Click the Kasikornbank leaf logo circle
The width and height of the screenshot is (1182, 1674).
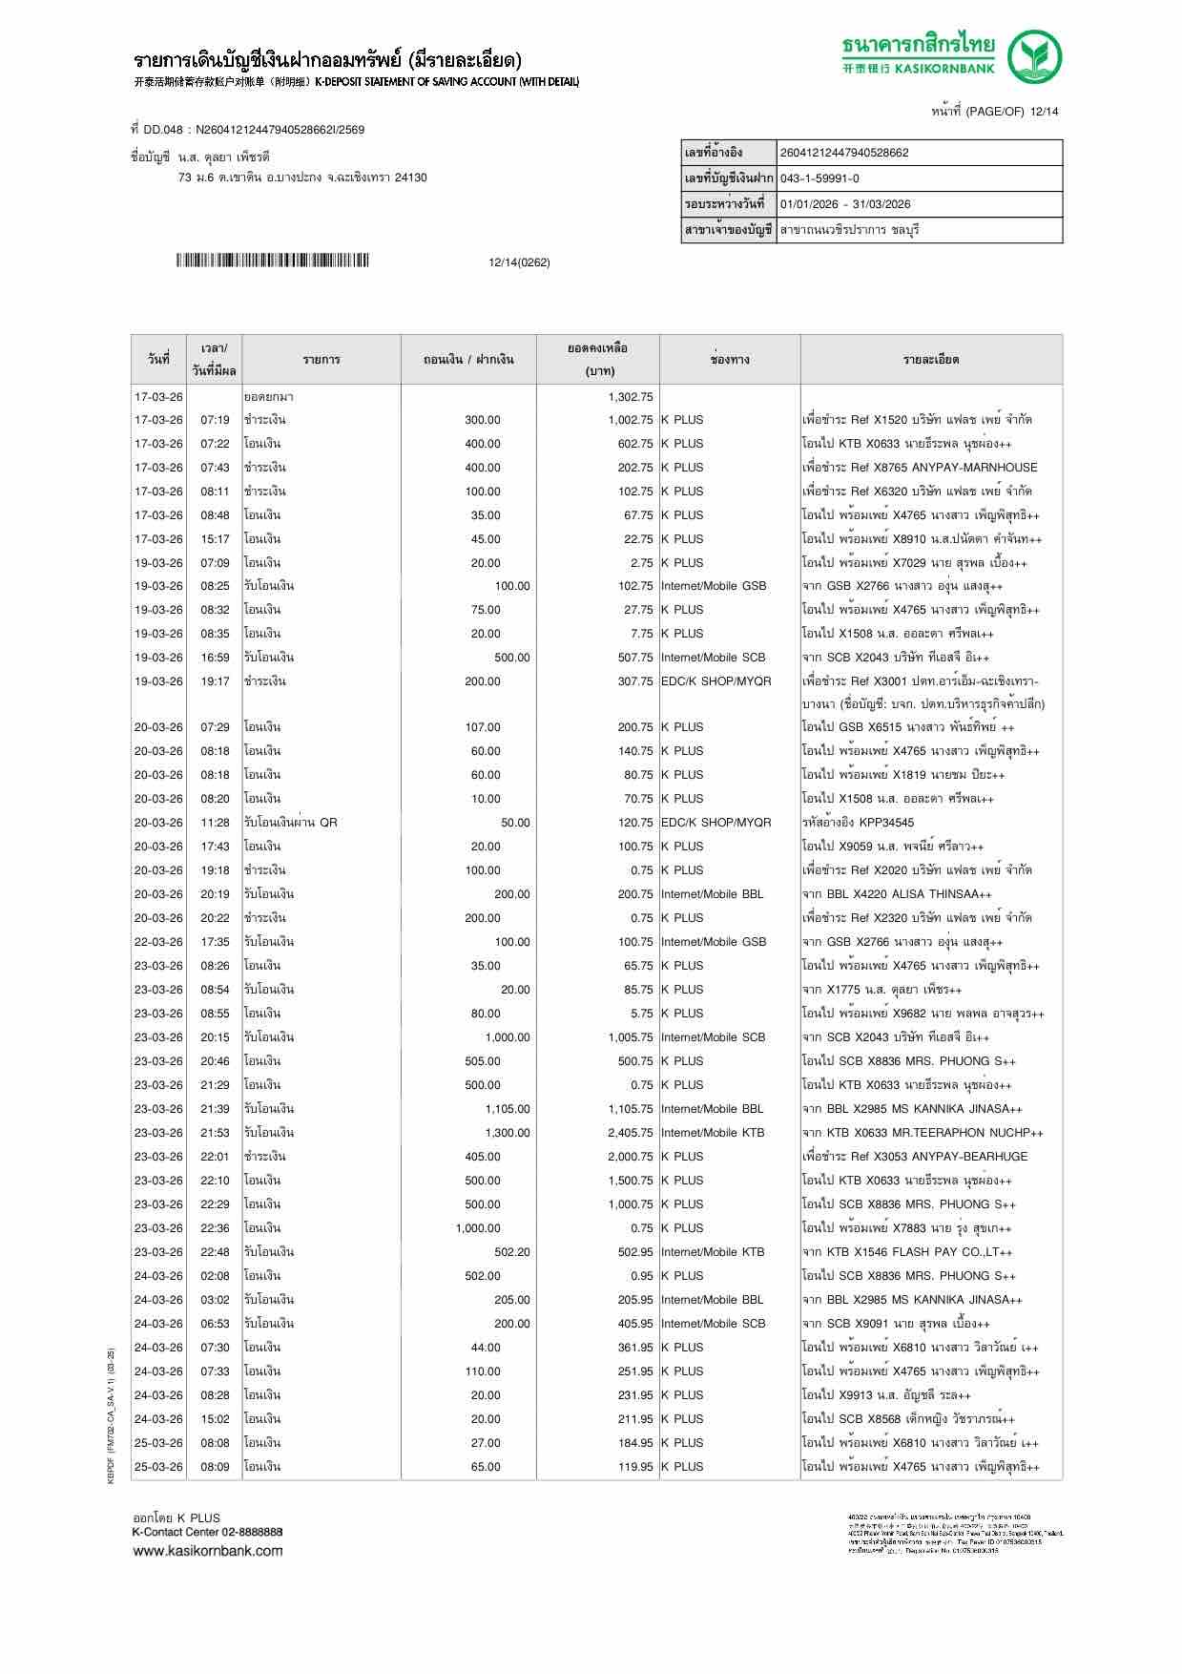[x=1036, y=57]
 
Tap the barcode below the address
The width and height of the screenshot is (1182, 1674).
[x=272, y=262]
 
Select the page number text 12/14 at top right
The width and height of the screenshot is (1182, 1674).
[x=1045, y=112]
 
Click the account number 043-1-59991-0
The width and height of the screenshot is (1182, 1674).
[x=819, y=178]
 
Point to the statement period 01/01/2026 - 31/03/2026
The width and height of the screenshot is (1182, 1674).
[x=845, y=204]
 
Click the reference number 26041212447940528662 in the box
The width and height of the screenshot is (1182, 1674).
[x=844, y=153]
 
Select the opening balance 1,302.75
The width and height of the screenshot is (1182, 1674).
[x=630, y=397]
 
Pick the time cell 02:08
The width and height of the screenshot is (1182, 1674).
[x=215, y=1276]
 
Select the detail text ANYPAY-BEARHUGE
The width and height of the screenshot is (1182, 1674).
[x=969, y=1157]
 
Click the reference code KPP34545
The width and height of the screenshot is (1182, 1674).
[x=886, y=823]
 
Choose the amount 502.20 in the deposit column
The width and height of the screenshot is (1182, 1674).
[x=511, y=1252]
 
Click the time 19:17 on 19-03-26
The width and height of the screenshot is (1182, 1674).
[x=215, y=681]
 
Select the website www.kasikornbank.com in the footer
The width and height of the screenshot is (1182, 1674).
[x=207, y=1551]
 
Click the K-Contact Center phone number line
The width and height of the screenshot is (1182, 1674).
[x=207, y=1532]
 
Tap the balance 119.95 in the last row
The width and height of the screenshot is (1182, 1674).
[x=634, y=1467]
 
